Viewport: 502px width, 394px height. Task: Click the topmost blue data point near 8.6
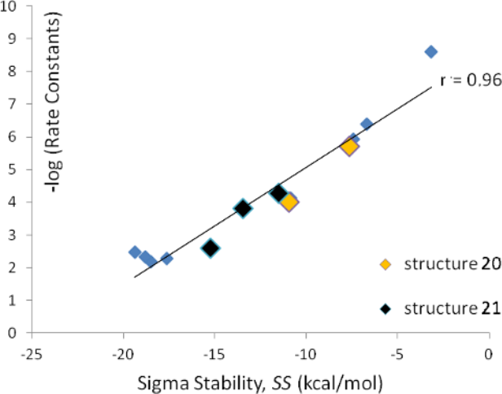pyautogui.click(x=431, y=51)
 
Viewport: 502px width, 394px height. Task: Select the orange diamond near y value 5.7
pyautogui.click(x=350, y=147)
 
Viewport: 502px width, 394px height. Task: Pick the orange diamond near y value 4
pyautogui.click(x=288, y=201)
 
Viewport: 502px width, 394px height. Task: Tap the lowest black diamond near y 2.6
pyautogui.click(x=211, y=248)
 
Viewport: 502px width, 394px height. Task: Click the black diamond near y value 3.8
pyautogui.click(x=243, y=208)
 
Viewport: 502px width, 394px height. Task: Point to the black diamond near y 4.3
pyautogui.click(x=279, y=193)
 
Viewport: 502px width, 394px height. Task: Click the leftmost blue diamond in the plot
pyautogui.click(x=135, y=252)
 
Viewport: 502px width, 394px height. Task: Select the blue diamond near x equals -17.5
pyautogui.click(x=166, y=259)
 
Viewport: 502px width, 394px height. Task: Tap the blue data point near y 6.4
pyautogui.click(x=367, y=124)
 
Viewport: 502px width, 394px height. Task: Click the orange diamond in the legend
pyautogui.click(x=387, y=263)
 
